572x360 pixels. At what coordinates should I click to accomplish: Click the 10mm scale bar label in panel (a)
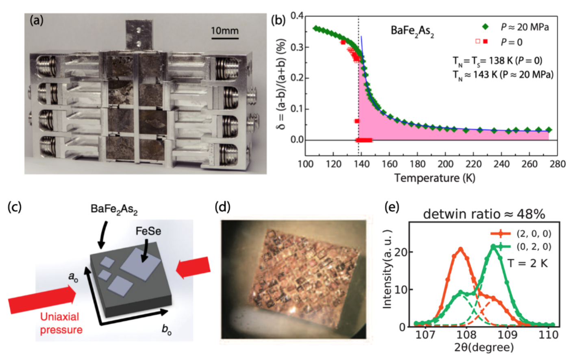[x=224, y=31]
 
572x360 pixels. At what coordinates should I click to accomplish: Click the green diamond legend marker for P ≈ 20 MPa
[x=485, y=27]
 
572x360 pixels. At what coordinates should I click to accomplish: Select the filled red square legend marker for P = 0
[x=485, y=41]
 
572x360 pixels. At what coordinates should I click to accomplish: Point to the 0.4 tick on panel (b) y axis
[x=297, y=16]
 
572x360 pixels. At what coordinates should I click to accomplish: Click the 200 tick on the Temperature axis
[x=445, y=164]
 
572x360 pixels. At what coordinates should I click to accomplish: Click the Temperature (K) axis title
[x=435, y=178]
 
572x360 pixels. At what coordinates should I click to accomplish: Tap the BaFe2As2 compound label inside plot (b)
[x=412, y=31]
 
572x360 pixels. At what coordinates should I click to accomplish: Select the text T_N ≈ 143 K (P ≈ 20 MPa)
[x=503, y=75]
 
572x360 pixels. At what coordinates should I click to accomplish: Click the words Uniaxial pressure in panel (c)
[x=61, y=323]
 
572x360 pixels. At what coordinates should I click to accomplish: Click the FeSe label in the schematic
[x=148, y=231]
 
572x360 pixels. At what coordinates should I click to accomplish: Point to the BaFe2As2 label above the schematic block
[x=114, y=209]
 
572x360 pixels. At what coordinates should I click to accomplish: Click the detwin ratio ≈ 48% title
[x=484, y=214]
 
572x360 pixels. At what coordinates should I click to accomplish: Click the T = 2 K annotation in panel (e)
[x=527, y=263]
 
